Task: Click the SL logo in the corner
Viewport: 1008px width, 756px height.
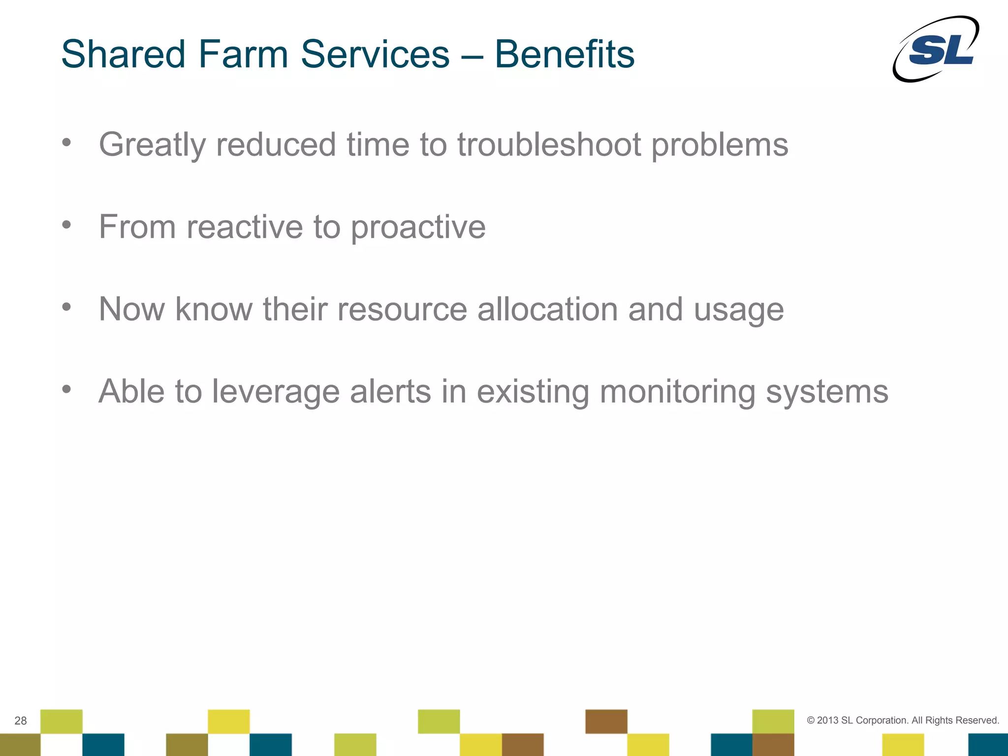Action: tap(936, 49)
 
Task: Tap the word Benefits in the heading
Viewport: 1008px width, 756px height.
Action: tap(564, 54)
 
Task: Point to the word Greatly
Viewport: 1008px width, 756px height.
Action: tap(152, 146)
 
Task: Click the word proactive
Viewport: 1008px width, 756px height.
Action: tap(418, 228)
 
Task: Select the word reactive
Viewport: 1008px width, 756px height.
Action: tap(245, 227)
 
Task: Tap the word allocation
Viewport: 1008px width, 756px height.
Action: tap(547, 309)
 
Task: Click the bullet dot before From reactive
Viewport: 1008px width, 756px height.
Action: tap(66, 225)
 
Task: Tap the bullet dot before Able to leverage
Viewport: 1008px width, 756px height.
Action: tap(66, 390)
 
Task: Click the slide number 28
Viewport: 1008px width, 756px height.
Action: tap(21, 721)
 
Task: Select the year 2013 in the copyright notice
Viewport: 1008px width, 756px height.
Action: tap(827, 721)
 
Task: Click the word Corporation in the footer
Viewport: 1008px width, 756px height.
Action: tap(882, 721)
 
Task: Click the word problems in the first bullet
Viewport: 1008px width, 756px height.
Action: tap(720, 146)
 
